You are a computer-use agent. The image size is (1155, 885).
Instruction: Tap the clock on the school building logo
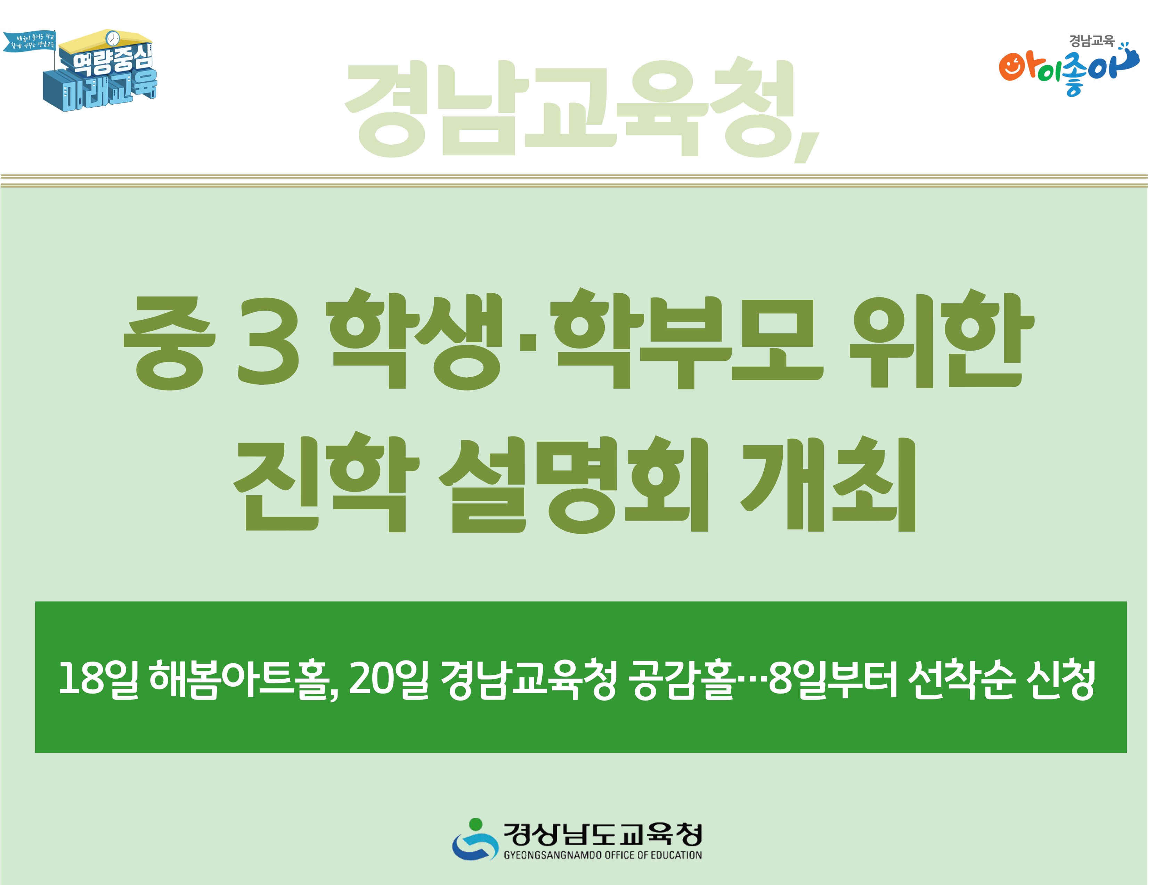(x=112, y=39)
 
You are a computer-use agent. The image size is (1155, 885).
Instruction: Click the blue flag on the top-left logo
(x=29, y=42)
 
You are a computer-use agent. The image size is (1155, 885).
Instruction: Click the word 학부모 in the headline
(x=685, y=340)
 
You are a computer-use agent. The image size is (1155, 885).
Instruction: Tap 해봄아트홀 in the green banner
(x=242, y=680)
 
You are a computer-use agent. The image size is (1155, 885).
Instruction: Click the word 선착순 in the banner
(x=959, y=680)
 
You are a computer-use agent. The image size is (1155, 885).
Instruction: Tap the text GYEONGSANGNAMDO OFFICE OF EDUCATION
(x=602, y=855)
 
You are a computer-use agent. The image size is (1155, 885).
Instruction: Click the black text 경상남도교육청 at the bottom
(x=602, y=834)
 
